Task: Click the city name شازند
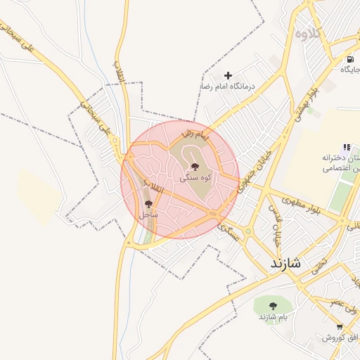pos(285,264)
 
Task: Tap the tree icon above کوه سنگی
pos(195,167)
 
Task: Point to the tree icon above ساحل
pos(148,203)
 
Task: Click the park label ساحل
pos(148,214)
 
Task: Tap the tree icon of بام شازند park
pos(273,305)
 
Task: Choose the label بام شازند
pos(273,316)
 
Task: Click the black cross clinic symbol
pos(228,75)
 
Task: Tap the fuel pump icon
pos(350,59)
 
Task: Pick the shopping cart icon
pos(340,327)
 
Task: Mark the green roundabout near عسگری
pos(248,231)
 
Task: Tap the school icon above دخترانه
pos(347,147)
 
